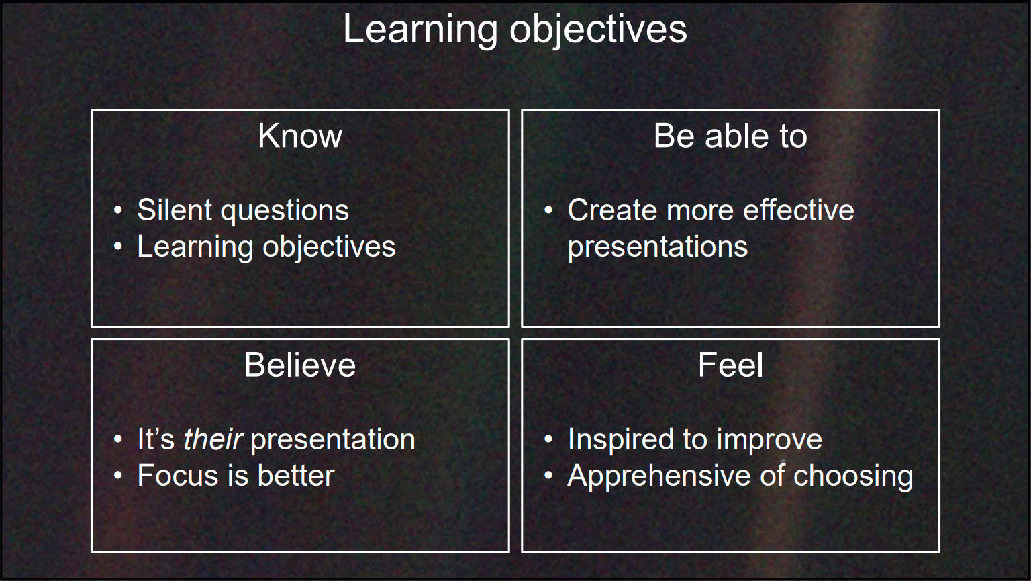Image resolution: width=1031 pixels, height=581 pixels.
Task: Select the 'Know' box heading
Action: pyautogui.click(x=300, y=136)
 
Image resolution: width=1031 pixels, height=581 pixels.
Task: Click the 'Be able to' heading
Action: pyautogui.click(x=730, y=136)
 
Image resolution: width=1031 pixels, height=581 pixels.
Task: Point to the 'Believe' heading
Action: pyautogui.click(x=300, y=365)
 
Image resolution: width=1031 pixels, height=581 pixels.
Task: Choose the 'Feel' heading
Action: pyautogui.click(x=730, y=365)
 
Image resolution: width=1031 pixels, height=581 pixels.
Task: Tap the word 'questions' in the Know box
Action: pyautogui.click(x=285, y=212)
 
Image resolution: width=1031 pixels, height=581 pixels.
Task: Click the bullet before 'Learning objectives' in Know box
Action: pyautogui.click(x=118, y=247)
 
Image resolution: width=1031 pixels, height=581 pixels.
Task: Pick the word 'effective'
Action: pyautogui.click(x=799, y=210)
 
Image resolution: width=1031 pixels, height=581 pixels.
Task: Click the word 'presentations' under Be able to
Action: pyautogui.click(x=658, y=248)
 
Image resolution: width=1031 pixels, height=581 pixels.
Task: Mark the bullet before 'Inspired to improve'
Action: pyautogui.click(x=548, y=439)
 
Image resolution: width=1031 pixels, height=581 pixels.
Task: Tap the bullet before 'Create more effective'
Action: pyautogui.click(x=548, y=210)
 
